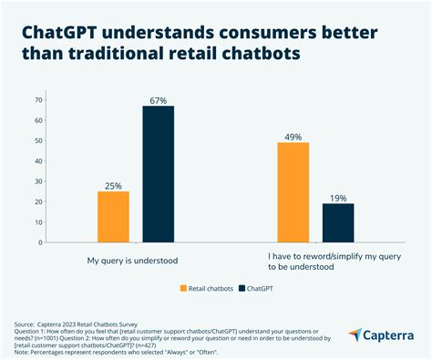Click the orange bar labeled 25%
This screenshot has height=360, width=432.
(114, 217)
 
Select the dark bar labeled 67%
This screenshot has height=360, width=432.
(157, 174)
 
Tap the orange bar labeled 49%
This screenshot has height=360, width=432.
(293, 192)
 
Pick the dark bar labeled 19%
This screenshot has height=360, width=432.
(337, 223)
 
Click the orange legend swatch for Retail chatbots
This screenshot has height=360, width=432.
(183, 289)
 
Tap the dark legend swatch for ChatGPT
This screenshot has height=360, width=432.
(242, 289)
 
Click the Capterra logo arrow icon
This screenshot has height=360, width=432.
(356, 337)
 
